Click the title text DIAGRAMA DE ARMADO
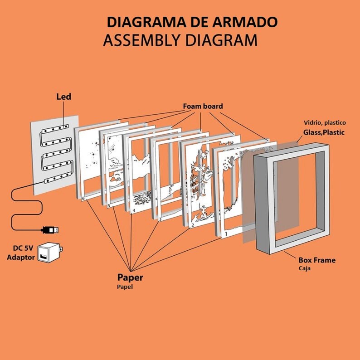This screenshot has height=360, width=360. click(x=192, y=22)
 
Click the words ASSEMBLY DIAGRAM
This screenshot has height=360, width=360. click(x=180, y=40)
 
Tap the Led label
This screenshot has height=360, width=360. click(x=63, y=97)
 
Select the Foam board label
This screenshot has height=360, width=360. click(x=203, y=106)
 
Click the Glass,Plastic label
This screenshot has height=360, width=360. click(x=324, y=132)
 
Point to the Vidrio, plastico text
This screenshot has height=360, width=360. click(x=325, y=123)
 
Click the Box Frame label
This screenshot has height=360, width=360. click(x=317, y=260)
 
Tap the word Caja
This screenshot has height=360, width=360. click(x=304, y=268)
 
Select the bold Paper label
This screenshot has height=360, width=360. click(x=130, y=278)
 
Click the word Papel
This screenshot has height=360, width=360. click(x=125, y=287)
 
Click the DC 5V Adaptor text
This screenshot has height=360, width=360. click(x=21, y=253)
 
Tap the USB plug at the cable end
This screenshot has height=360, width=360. click(x=50, y=230)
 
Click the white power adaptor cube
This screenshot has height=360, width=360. click(x=50, y=253)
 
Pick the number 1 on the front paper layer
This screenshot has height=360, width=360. click(x=226, y=234)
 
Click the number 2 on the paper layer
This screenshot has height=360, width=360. click(x=193, y=225)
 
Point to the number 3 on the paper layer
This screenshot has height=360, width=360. click(x=160, y=219)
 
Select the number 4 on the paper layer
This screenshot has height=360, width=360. click(x=134, y=210)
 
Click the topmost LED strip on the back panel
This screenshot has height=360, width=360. click(x=55, y=129)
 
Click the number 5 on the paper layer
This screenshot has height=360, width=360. click(x=109, y=205)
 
